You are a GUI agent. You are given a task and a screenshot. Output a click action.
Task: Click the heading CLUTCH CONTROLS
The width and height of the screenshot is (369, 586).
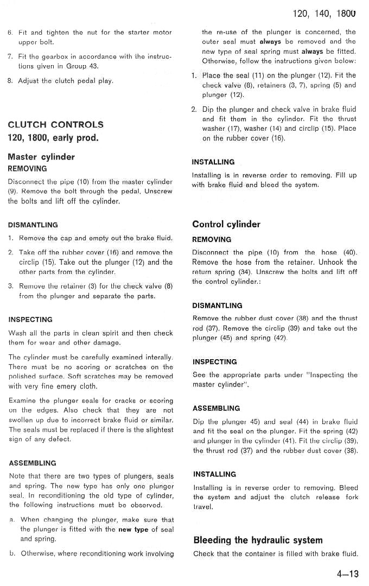(55, 124)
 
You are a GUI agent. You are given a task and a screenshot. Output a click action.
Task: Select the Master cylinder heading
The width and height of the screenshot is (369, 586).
(41, 157)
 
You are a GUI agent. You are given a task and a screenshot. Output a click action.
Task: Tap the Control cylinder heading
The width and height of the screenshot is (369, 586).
(226, 224)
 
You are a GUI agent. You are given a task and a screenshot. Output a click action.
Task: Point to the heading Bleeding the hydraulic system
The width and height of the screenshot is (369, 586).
(258, 540)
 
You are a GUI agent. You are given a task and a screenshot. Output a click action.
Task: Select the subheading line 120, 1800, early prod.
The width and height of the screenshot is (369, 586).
(53, 137)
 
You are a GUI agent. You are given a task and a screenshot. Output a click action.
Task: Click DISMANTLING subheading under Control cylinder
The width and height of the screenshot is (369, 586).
(217, 305)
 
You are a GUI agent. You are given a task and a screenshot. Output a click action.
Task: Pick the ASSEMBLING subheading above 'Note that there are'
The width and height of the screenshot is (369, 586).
(32, 463)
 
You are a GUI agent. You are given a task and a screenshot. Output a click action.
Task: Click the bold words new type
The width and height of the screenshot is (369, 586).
(133, 529)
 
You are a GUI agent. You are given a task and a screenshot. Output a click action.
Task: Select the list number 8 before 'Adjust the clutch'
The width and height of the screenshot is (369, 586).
(10, 81)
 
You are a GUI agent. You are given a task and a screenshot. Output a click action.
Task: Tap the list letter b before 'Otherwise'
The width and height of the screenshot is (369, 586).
(11, 553)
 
